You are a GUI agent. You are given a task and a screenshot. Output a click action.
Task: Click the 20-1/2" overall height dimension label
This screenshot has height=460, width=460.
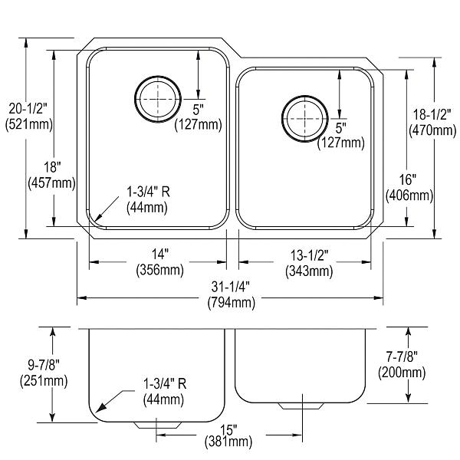[x=25, y=108]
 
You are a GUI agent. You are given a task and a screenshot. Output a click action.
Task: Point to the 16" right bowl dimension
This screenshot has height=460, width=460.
[x=407, y=180]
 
